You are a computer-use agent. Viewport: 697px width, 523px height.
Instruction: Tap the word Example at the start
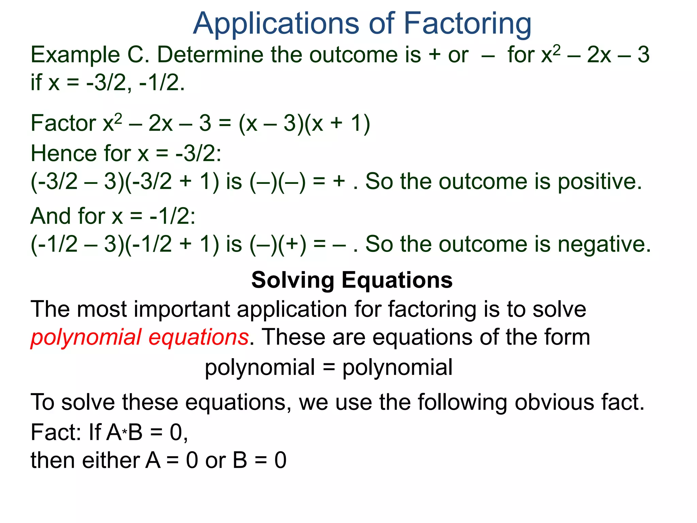[75, 55]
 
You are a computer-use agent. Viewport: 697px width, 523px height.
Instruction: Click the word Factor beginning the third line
[63, 123]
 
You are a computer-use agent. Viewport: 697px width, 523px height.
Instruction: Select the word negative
[604, 244]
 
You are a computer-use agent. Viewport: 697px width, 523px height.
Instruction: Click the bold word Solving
[293, 281]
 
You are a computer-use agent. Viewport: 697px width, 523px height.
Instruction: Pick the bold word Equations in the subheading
[397, 281]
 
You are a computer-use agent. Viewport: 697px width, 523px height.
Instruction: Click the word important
[182, 310]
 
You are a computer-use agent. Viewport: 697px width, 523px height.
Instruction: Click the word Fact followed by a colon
[54, 432]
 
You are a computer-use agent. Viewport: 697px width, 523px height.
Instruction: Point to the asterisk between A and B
[125, 433]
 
